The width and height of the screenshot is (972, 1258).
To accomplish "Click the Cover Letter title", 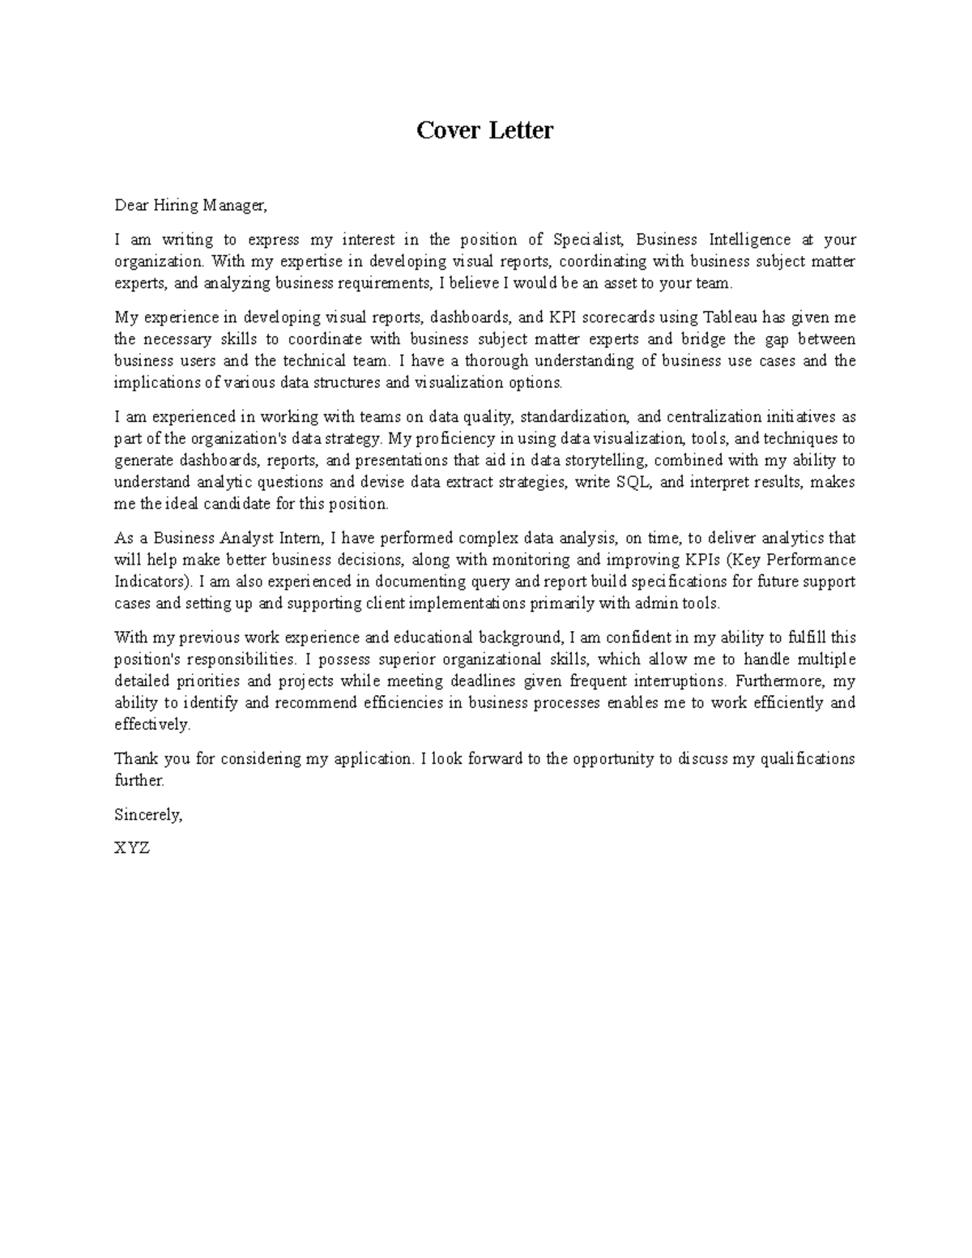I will (484, 130).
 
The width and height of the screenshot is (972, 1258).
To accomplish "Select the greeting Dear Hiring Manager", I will (190, 206).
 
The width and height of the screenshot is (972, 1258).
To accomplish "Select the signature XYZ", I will (132, 849).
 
